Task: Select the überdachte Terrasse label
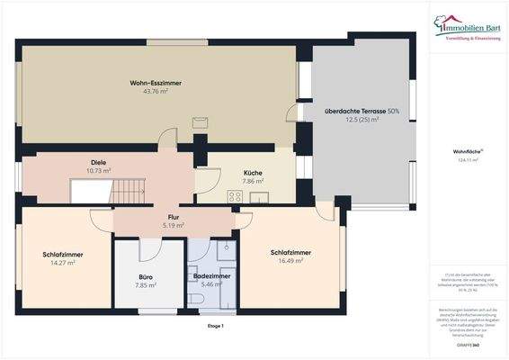(362, 111)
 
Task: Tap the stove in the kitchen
(235, 195)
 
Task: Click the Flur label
(174, 217)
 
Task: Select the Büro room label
(146, 276)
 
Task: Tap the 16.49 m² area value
(291, 260)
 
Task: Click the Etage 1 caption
(215, 326)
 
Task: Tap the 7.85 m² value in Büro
(146, 284)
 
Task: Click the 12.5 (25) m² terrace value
(362, 119)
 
